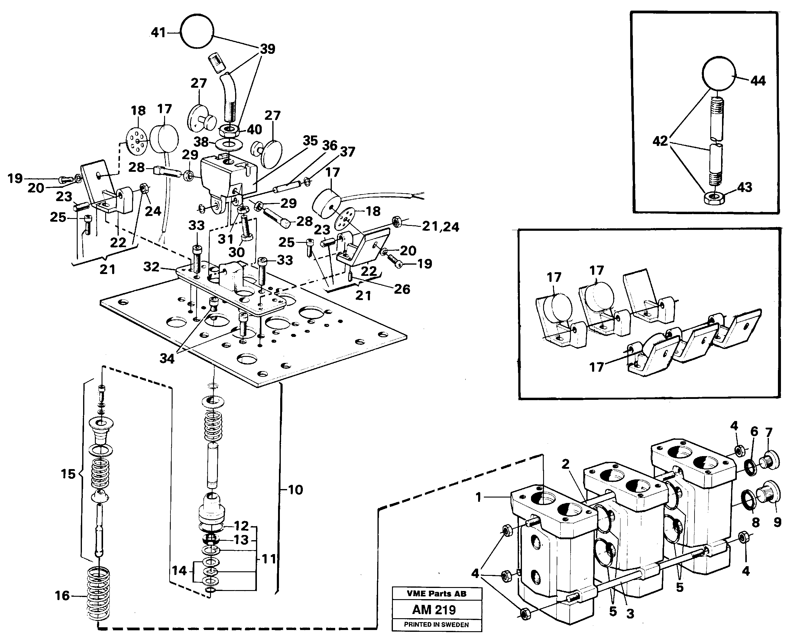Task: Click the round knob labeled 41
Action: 197,31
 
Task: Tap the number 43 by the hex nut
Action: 744,188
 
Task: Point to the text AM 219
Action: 434,610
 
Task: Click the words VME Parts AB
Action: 436,594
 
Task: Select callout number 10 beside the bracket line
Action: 295,490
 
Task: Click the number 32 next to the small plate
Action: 151,267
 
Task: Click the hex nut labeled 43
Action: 714,197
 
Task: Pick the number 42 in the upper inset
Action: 660,141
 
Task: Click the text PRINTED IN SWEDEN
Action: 436,625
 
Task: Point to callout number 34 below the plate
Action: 167,358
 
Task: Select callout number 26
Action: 402,289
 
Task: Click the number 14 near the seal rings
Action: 179,570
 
